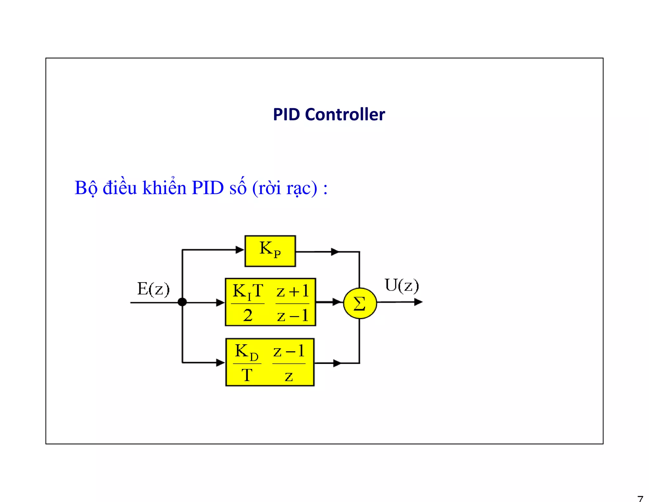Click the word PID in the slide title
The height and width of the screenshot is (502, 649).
tap(286, 115)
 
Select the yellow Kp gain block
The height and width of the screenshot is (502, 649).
tap(270, 251)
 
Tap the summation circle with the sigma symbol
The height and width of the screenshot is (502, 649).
tap(360, 303)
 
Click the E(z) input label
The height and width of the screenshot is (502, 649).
tap(153, 289)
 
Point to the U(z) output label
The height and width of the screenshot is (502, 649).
tap(402, 285)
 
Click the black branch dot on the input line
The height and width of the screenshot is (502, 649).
tap(182, 302)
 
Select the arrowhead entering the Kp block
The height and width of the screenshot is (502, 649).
tap(240, 250)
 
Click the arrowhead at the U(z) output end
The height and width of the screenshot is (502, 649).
tap(418, 302)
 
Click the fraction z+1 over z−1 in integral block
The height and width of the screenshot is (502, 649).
tap(292, 303)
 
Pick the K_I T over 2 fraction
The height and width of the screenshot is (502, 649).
tap(248, 303)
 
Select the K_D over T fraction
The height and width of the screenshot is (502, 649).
tap(247, 363)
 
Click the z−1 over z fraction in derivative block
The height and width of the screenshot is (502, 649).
tap(289, 363)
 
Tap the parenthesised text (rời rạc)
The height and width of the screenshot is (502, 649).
tap(284, 188)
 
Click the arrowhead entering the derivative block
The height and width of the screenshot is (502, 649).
tap(220, 363)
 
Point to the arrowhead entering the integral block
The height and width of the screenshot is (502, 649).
tap(220, 302)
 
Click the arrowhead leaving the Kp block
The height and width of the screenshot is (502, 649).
tap(335, 252)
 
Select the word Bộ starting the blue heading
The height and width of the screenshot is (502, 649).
tap(86, 188)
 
